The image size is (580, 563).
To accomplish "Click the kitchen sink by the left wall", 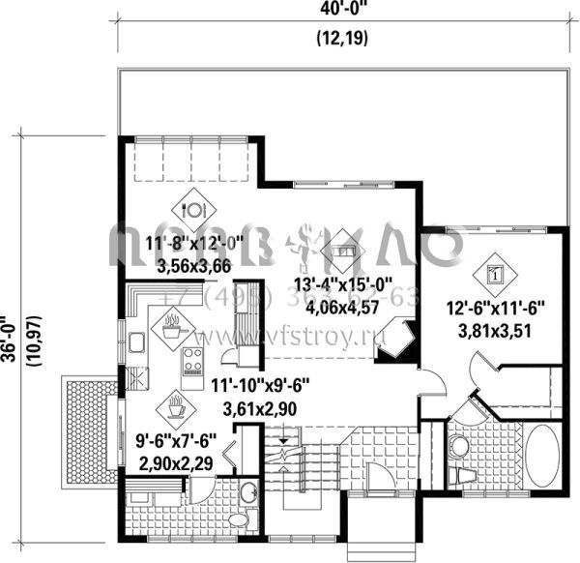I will coord(136,344).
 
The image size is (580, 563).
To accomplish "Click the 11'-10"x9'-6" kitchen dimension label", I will coord(257,384).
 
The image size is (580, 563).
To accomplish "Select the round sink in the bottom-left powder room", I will coord(247,491).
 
